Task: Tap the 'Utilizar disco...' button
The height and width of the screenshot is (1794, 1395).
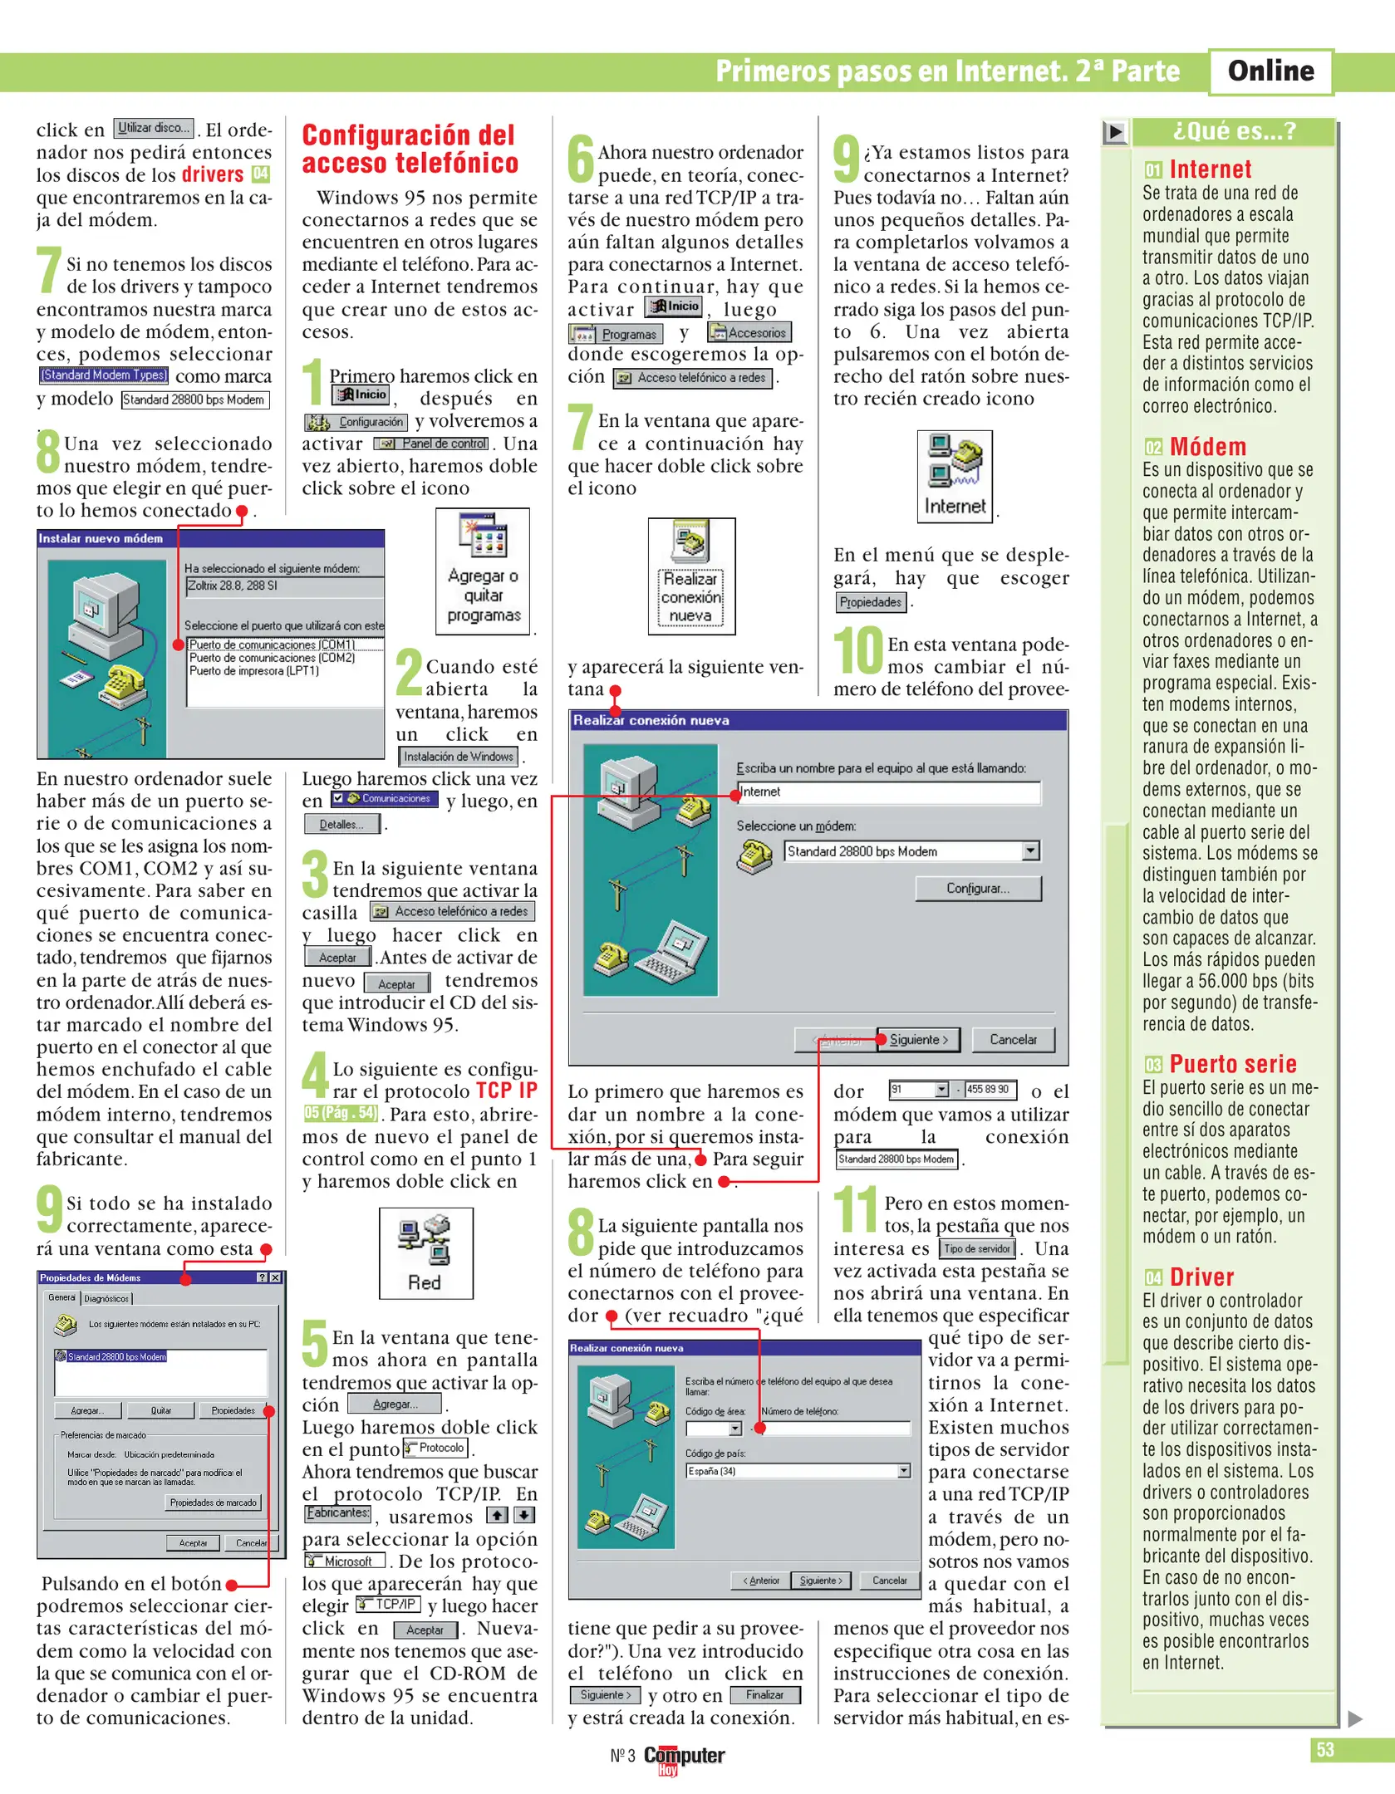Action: tap(154, 128)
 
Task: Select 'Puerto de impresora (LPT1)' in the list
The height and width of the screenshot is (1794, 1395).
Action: tap(254, 670)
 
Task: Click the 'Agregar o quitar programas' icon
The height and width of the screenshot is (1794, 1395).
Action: tap(483, 571)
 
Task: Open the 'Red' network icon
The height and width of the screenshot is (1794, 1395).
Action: tap(425, 1252)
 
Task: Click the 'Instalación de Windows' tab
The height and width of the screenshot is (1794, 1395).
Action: tap(459, 756)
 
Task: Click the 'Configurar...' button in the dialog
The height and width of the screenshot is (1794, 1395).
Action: tap(978, 888)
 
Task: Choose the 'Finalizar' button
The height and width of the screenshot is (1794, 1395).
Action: tap(764, 1694)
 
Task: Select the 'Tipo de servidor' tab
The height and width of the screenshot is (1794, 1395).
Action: tap(977, 1248)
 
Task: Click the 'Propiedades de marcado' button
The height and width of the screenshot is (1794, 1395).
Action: tap(214, 1502)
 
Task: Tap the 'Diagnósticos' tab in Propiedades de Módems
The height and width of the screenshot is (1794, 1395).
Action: tap(107, 1298)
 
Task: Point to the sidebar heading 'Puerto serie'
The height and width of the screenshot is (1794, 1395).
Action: tap(1232, 1064)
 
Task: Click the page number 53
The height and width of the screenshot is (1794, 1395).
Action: tap(1324, 1749)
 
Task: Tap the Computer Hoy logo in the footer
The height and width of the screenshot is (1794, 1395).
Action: tap(683, 1756)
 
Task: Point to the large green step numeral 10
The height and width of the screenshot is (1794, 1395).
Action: tap(858, 650)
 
